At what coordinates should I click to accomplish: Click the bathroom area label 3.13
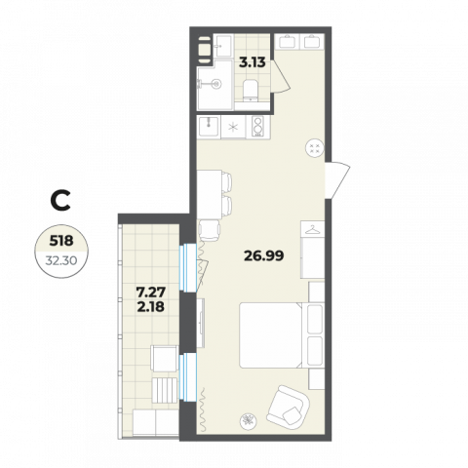tap(253, 62)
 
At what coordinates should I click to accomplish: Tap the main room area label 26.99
tap(264, 255)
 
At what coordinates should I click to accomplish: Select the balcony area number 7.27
tap(151, 292)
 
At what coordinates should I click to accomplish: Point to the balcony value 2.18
tap(151, 306)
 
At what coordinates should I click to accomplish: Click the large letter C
tap(60, 201)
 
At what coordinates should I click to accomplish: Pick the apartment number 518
tap(61, 241)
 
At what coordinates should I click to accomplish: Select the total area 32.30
tap(61, 260)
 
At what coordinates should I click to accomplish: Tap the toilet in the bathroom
tap(251, 90)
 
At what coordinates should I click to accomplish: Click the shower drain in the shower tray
tap(216, 84)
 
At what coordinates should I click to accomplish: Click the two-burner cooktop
tap(258, 126)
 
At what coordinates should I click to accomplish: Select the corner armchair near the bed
tap(288, 406)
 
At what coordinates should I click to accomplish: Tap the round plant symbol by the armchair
tap(249, 420)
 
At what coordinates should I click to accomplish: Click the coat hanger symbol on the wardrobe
tap(313, 229)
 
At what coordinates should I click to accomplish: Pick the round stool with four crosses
tap(315, 148)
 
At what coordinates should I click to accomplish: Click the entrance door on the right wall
tap(337, 180)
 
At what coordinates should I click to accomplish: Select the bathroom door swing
tap(280, 76)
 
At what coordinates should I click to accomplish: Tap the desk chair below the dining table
tap(209, 230)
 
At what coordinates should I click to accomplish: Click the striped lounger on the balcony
tap(165, 390)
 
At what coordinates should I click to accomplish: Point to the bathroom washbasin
tap(223, 46)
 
